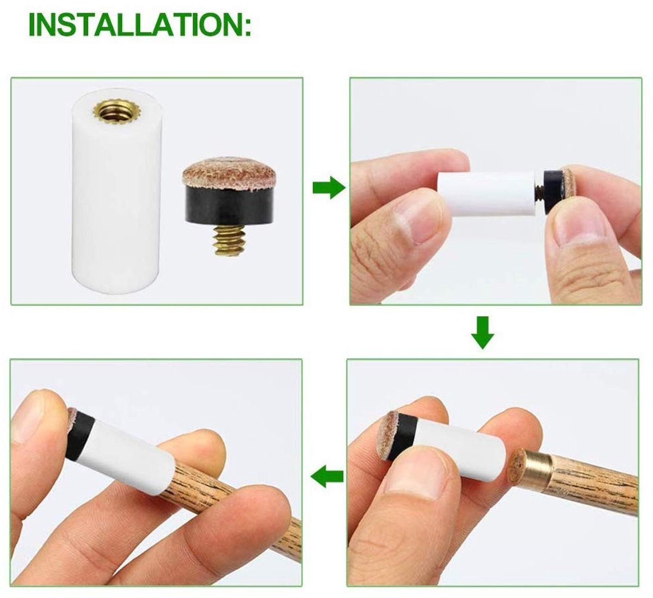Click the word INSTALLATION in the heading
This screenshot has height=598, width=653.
[x=135, y=25]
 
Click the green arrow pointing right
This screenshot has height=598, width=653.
[x=329, y=187]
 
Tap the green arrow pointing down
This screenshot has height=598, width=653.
[x=483, y=333]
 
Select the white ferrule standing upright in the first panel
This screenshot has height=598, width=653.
[x=116, y=191]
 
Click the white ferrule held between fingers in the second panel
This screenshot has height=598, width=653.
[x=486, y=193]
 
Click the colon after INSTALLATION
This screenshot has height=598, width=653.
[x=248, y=27]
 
